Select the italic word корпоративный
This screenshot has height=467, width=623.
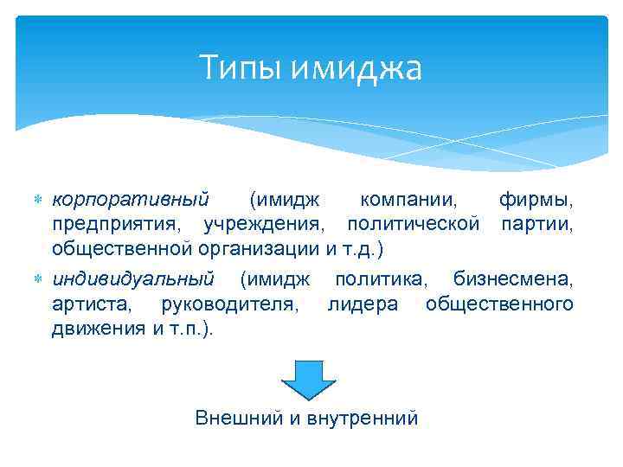click(x=130, y=200)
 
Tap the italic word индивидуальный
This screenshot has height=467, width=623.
click(x=133, y=279)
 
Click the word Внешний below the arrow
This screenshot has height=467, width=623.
click(x=239, y=419)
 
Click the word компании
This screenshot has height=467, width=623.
click(x=408, y=200)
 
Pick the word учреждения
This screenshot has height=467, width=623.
click(x=266, y=225)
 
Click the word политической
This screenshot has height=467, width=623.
click(x=414, y=225)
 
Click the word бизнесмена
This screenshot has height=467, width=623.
click(x=513, y=279)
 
